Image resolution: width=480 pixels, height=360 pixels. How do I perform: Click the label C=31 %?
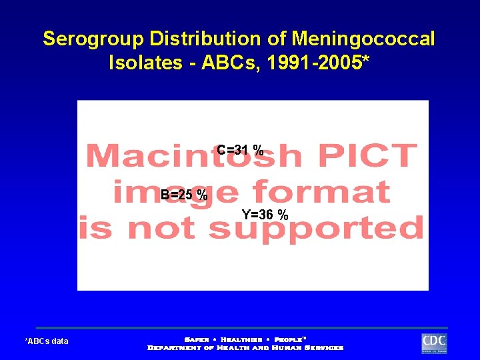[240, 150]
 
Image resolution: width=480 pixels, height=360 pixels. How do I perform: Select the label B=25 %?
[184, 195]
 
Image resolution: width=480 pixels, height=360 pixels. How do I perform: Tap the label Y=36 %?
[265, 215]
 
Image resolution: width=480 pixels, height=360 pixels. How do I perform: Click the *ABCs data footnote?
[47, 341]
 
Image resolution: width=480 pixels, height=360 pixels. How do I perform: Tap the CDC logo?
[434, 343]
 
